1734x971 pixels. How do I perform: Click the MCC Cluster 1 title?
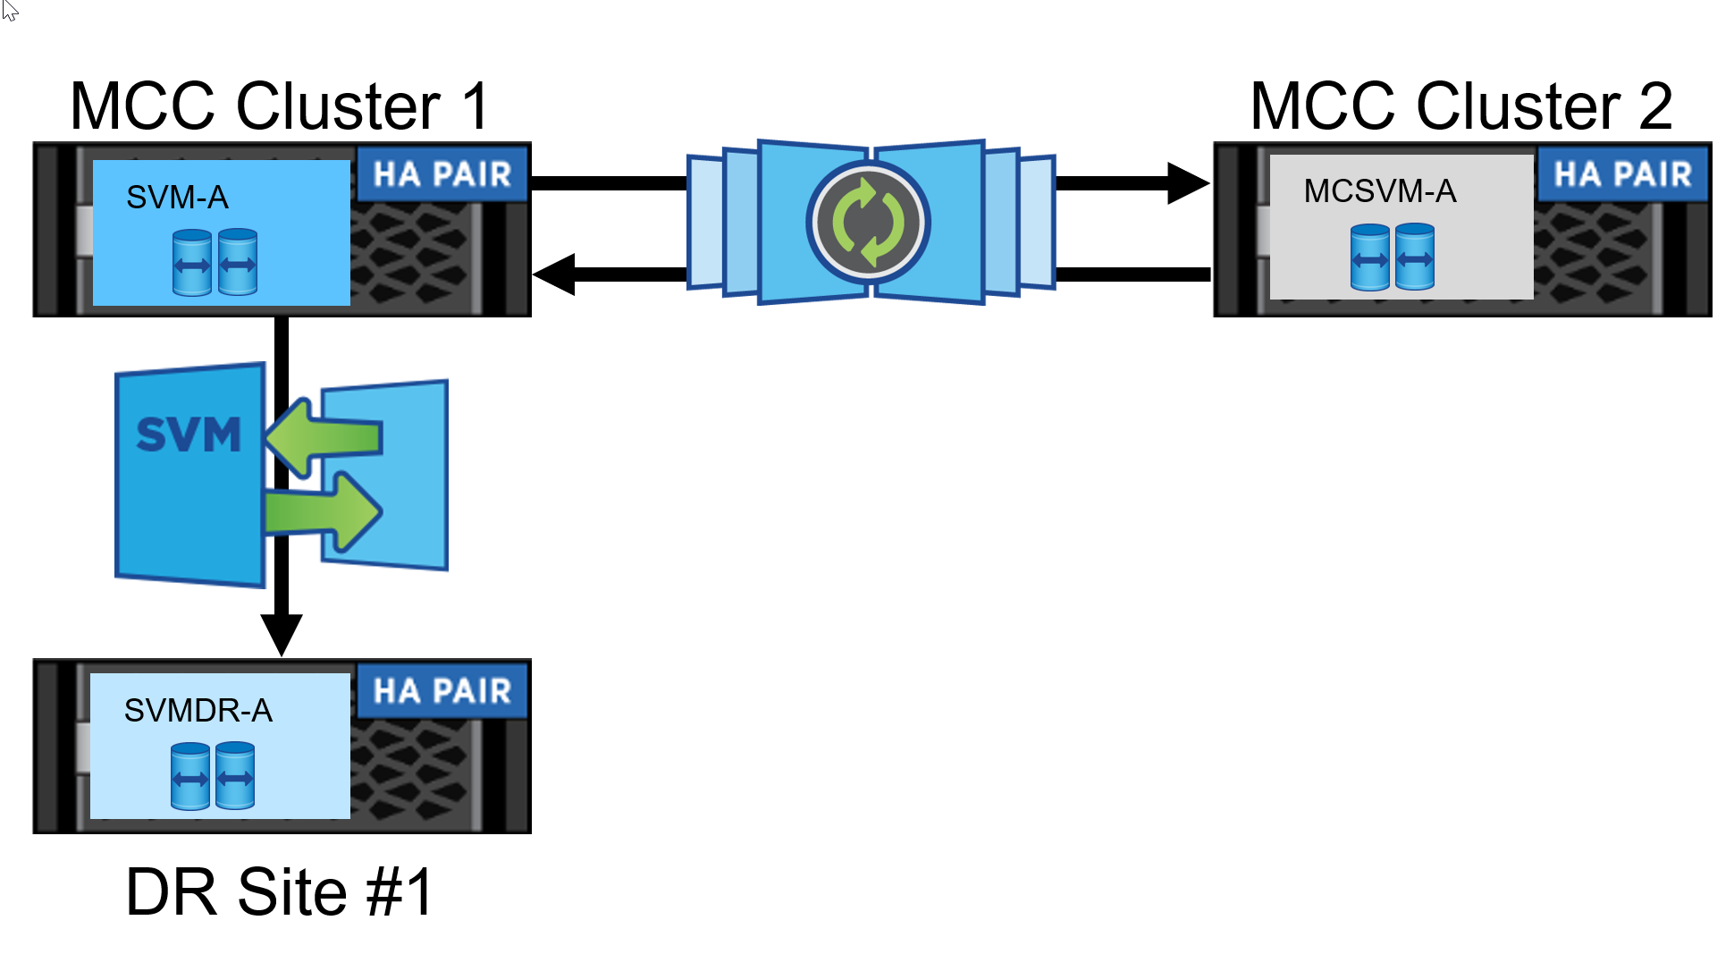pos(280,106)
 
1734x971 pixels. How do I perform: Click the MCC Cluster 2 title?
pos(1460,106)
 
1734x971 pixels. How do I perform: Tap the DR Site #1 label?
pos(280,892)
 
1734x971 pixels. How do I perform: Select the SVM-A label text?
pos(177,198)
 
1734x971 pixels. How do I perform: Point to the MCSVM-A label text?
pos(1379,191)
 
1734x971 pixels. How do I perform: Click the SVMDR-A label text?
pos(198,711)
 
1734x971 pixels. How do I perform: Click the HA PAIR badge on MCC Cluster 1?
pos(442,174)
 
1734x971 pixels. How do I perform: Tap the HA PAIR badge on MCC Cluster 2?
pos(1621,174)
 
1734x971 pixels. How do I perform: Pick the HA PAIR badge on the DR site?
pos(442,691)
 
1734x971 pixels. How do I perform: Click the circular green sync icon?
pos(869,223)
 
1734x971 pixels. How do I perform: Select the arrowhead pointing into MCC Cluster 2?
pos(1188,183)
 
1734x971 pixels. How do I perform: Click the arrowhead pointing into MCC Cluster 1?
pos(554,274)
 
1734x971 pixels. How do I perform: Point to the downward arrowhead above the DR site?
pos(282,634)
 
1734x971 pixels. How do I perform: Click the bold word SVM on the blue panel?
pos(189,435)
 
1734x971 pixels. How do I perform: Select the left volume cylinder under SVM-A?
pos(192,262)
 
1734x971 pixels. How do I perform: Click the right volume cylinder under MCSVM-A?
pos(1415,257)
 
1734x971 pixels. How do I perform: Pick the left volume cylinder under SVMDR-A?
pos(190,776)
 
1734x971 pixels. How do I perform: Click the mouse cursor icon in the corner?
pos(10,10)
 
